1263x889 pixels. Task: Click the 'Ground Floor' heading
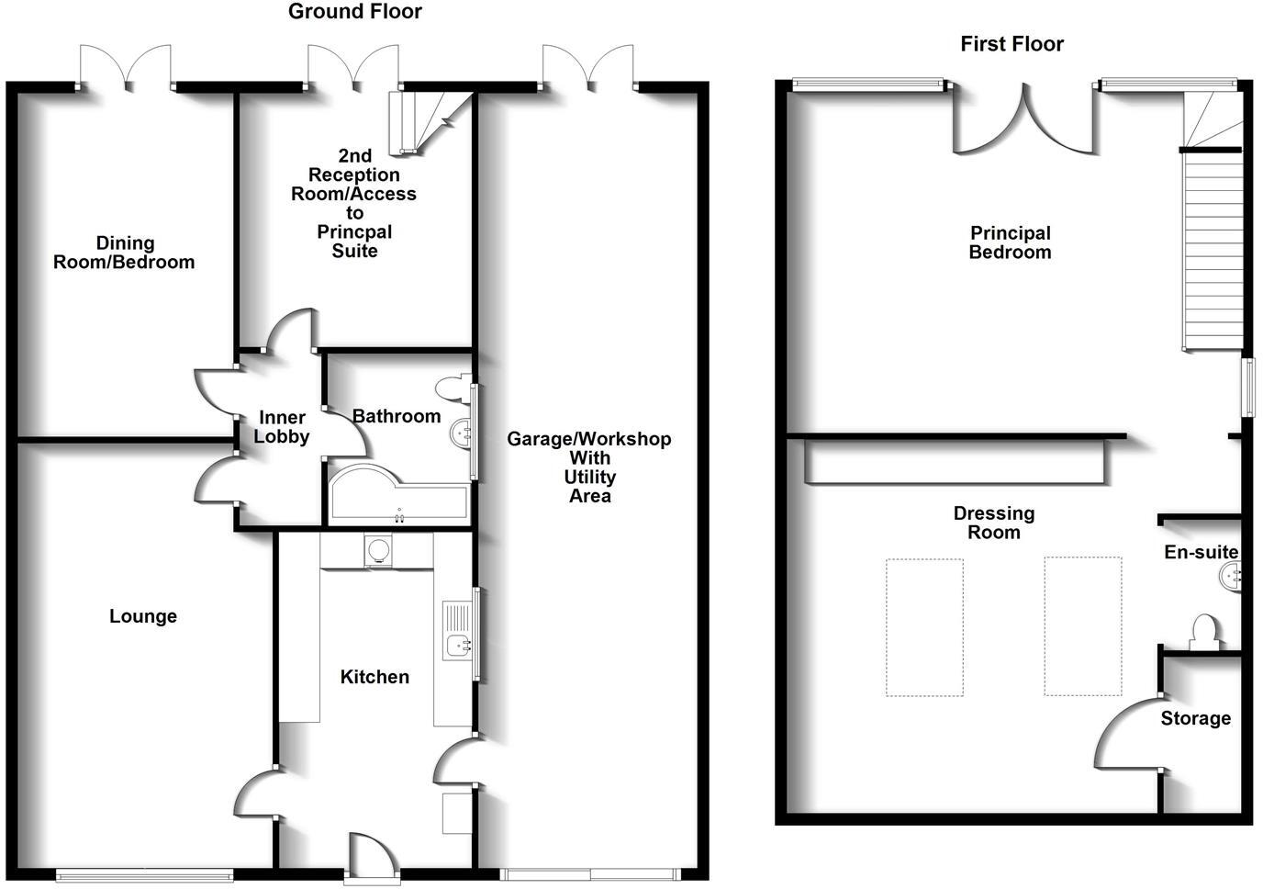[x=354, y=12]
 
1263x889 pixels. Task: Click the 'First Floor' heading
[x=1012, y=44]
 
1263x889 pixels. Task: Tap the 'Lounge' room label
[x=143, y=616]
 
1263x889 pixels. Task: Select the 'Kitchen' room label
[x=374, y=677]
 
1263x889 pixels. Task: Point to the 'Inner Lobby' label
[x=281, y=427]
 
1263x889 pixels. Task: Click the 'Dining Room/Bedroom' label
[x=124, y=253]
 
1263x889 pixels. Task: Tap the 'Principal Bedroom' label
[x=1010, y=242]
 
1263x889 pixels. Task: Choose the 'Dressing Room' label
[x=993, y=523]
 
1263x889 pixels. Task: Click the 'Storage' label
[x=1195, y=718]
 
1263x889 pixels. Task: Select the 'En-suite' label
[x=1201, y=552]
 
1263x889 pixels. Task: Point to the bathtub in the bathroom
[x=397, y=501]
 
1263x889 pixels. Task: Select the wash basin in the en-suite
[x=1230, y=577]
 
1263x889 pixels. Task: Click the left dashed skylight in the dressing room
[x=924, y=627]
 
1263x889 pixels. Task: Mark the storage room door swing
[x=1127, y=735]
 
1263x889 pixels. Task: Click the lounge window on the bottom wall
[x=144, y=875]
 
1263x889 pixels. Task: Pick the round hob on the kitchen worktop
[x=377, y=551]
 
